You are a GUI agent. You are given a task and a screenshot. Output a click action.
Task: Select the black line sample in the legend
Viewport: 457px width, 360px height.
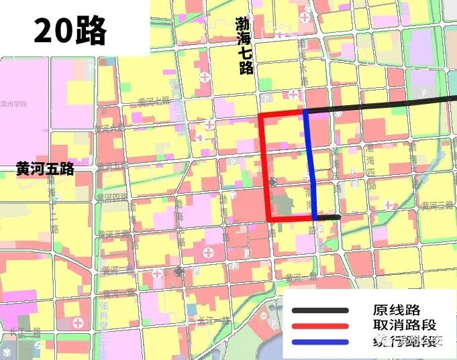320,310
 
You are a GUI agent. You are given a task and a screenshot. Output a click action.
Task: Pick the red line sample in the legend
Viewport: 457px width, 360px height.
320,326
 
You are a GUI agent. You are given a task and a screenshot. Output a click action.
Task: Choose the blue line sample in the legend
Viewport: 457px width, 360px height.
320,343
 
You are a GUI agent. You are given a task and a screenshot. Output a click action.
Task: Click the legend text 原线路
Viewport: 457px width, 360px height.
396,310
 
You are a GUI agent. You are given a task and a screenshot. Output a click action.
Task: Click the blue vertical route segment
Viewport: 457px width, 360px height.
311,168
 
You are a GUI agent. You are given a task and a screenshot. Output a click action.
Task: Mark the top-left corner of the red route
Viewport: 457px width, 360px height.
261,115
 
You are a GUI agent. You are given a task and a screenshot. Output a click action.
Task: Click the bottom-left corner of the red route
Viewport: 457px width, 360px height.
269,219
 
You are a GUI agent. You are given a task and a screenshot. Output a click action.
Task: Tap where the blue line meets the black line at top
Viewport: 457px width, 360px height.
305,111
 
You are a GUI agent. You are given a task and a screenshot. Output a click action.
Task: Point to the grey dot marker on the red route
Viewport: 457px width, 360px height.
272,182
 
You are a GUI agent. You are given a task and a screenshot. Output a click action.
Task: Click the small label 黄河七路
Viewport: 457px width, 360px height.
154,101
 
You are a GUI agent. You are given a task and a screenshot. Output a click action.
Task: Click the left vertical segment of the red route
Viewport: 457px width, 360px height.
264,168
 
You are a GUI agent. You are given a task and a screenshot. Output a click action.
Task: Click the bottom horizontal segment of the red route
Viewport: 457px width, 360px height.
291,219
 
